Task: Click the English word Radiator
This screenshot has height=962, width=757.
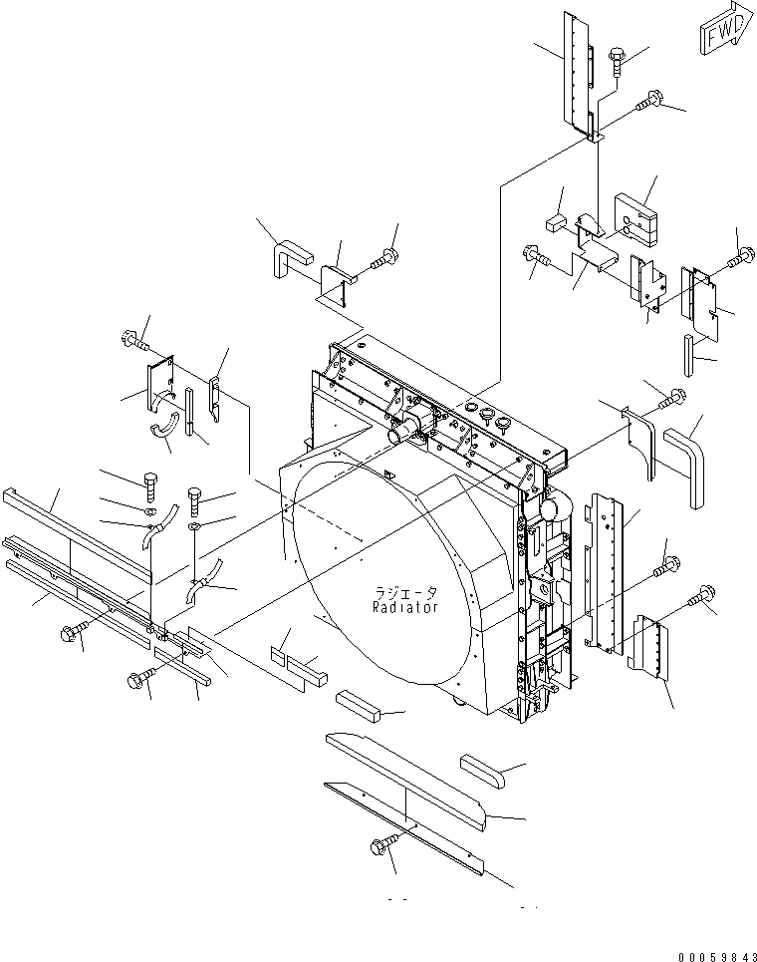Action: pyautogui.click(x=405, y=607)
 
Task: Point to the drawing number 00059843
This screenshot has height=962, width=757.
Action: pyautogui.click(x=710, y=953)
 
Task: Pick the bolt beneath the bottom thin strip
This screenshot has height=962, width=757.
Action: pyautogui.click(x=382, y=846)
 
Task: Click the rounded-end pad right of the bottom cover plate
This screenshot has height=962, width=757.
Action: pyautogui.click(x=485, y=772)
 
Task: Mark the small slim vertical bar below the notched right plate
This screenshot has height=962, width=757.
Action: pyautogui.click(x=688, y=353)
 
